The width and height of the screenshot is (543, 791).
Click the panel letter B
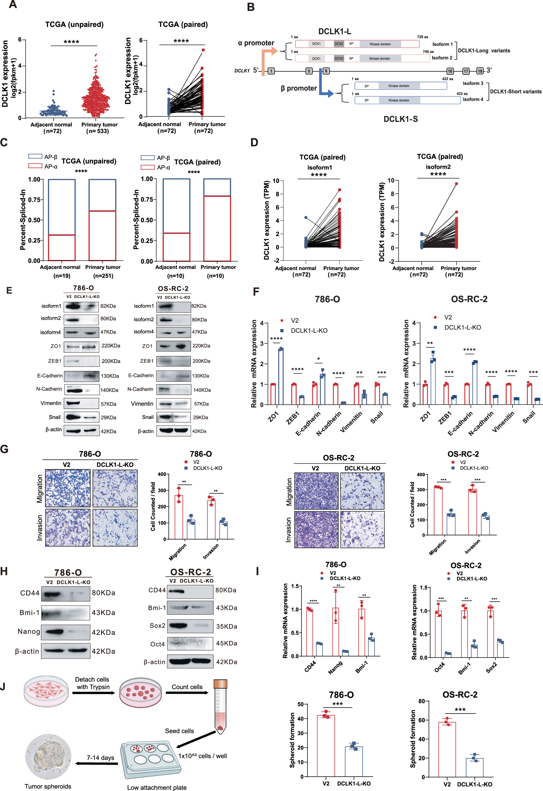(x=251, y=7)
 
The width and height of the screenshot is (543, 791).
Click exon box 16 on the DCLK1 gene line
(x=450, y=71)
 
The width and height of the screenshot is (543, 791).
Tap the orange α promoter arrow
(x=267, y=58)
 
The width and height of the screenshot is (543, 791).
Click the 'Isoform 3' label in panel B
(x=473, y=83)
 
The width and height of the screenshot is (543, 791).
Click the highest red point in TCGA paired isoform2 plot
(x=456, y=184)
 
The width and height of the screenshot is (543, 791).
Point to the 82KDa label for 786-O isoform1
(x=108, y=306)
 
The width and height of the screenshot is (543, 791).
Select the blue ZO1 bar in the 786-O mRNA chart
(x=281, y=376)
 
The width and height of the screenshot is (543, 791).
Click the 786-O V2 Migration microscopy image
(x=68, y=488)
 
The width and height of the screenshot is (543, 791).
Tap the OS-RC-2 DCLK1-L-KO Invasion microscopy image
(x=362, y=529)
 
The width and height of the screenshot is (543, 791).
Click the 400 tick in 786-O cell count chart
(x=162, y=474)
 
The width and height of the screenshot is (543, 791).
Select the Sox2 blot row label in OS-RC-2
(x=157, y=626)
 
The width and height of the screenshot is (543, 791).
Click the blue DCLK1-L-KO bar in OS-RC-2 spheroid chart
(x=474, y=767)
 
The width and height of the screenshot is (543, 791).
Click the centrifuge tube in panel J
(x=220, y=707)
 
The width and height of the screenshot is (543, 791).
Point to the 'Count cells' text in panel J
(x=187, y=687)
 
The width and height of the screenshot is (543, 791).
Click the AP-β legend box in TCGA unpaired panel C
(x=36, y=157)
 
